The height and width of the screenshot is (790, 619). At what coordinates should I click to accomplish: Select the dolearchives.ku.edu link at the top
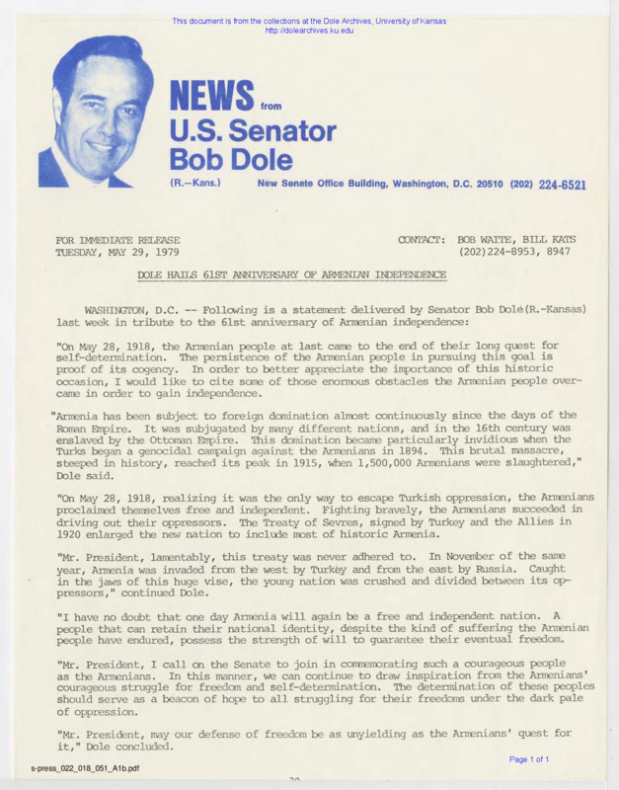tap(309, 31)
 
